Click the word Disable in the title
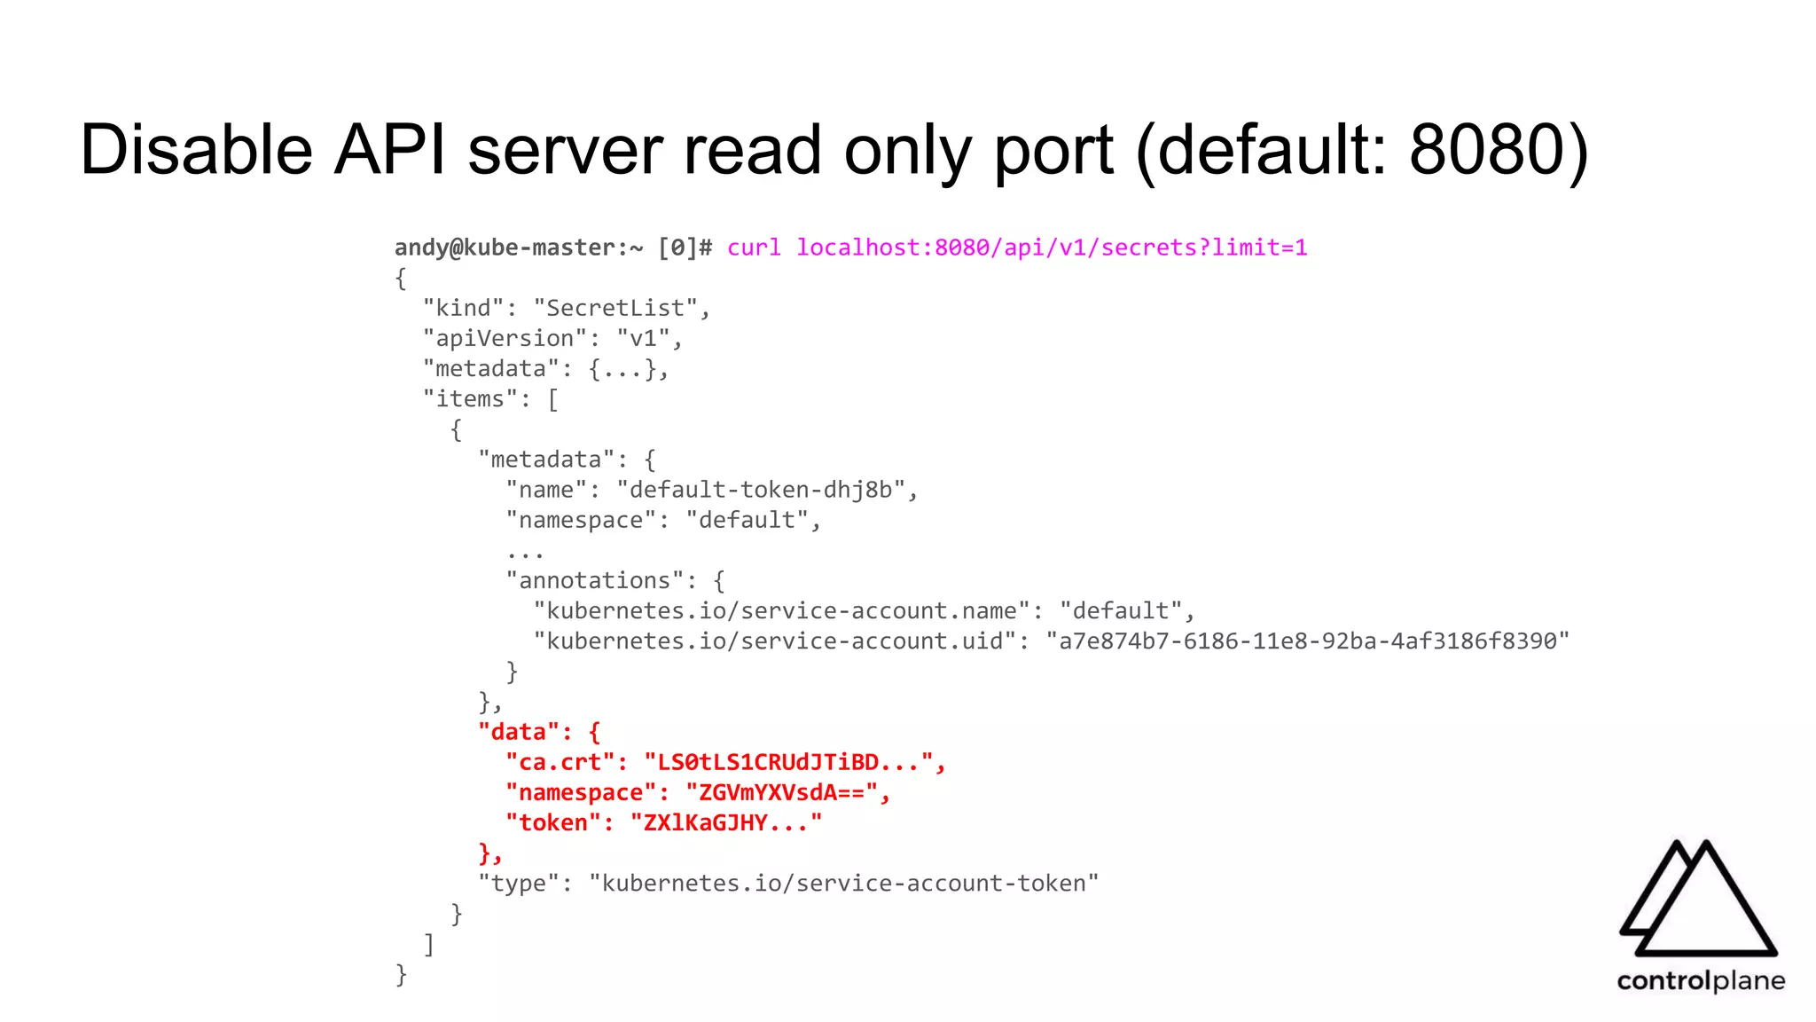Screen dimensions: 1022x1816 pyautogui.click(x=196, y=149)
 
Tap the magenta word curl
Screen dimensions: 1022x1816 pyautogui.click(x=754, y=248)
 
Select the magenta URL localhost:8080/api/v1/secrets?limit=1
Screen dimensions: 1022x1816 pyautogui.click(x=1052, y=248)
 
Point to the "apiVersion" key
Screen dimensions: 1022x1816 pyautogui.click(x=505, y=338)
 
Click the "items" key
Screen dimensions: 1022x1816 pyautogui.click(x=470, y=399)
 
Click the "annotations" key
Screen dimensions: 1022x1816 pyautogui.click(x=594, y=580)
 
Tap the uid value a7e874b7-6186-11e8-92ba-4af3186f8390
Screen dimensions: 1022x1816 pyautogui.click(x=1308, y=641)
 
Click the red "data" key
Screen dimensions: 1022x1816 pyautogui.click(x=519, y=732)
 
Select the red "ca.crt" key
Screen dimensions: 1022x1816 pyautogui.click(x=560, y=762)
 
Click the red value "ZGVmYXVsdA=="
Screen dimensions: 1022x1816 pyautogui.click(x=781, y=792)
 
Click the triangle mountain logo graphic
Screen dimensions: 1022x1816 pyautogui.click(x=1698, y=900)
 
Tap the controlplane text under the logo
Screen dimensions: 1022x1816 pyautogui.click(x=1700, y=980)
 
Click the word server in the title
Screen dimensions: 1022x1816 pyautogui.click(x=565, y=149)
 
